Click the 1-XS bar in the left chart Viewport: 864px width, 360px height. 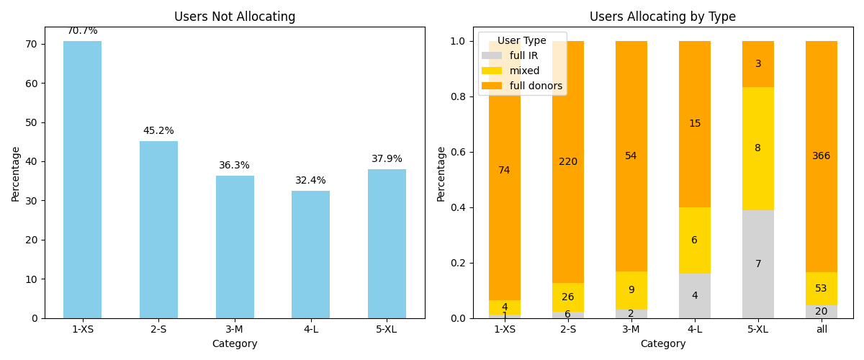(x=82, y=180)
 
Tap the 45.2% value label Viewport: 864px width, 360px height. (x=158, y=131)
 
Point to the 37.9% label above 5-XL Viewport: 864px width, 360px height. (x=387, y=159)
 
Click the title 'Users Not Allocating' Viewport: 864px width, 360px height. (x=235, y=17)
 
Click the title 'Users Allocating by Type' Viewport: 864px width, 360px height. (x=662, y=17)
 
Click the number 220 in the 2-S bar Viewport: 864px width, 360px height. (x=568, y=162)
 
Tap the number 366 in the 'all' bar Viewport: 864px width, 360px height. (x=822, y=156)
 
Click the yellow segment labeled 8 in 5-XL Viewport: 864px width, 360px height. (x=758, y=148)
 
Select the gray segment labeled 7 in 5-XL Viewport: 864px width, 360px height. (x=758, y=264)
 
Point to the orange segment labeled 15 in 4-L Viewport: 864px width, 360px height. (x=695, y=124)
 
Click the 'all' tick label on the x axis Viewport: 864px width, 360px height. (x=822, y=329)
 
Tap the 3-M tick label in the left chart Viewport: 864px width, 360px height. (x=235, y=329)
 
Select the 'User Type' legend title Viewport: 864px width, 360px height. (x=522, y=41)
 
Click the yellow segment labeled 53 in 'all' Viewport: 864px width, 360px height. (x=822, y=289)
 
